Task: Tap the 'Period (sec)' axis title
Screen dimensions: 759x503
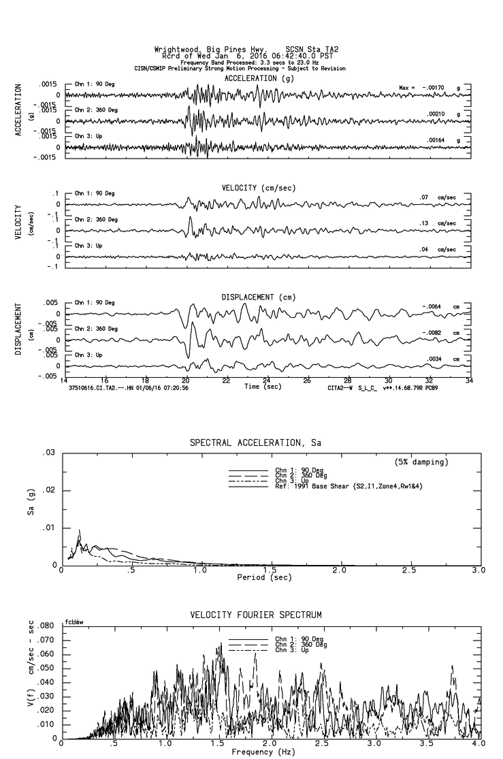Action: tap(265, 577)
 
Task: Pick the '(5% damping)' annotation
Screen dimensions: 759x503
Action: tap(421, 462)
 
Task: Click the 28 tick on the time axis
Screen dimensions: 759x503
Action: tap(348, 381)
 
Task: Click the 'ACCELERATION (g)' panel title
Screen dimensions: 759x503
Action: tap(260, 78)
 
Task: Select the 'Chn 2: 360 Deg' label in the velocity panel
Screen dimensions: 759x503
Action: tap(96, 219)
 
